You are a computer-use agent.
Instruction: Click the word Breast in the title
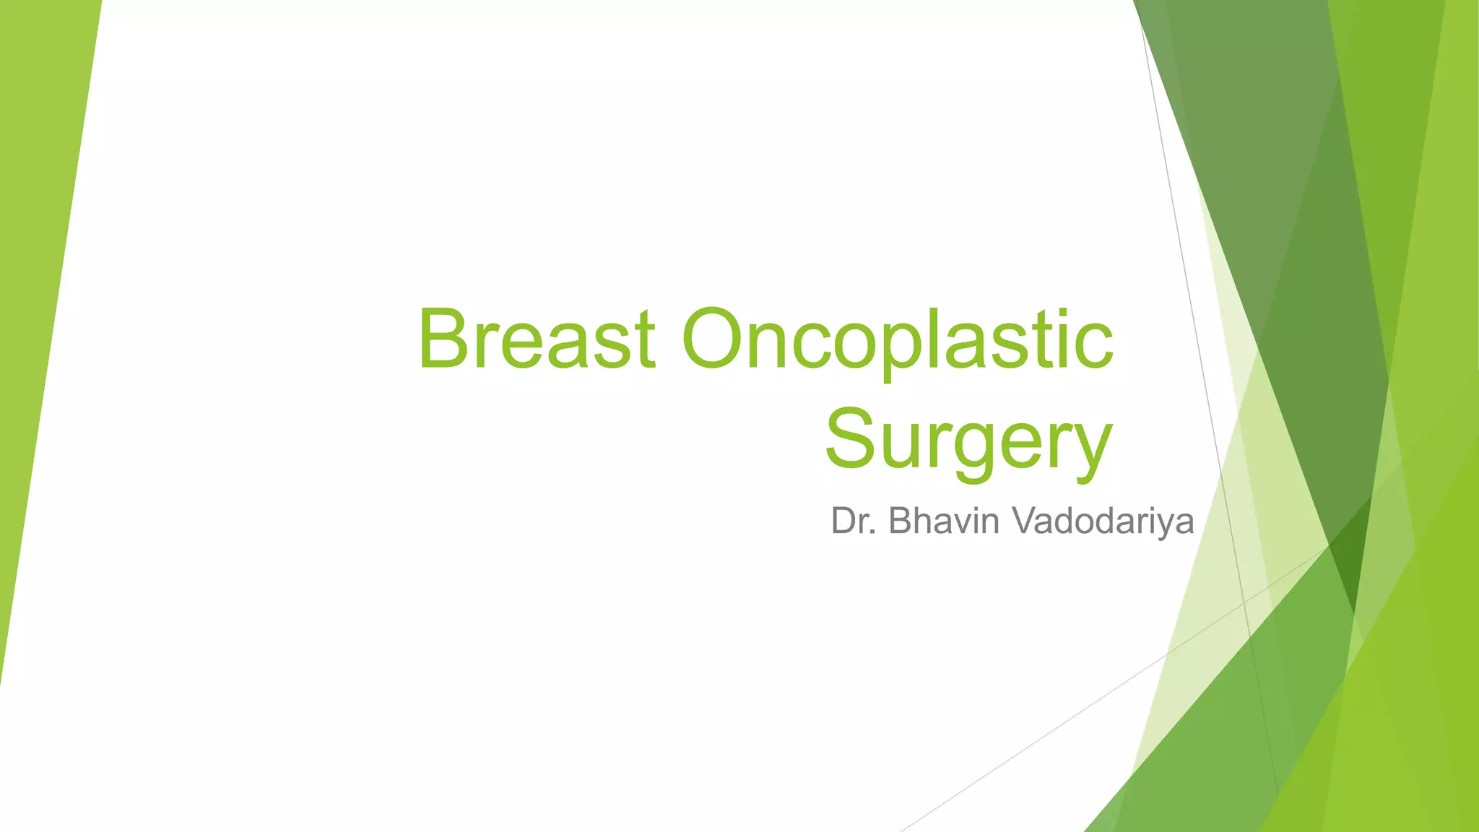coord(536,339)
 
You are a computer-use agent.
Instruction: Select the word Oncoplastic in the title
coord(897,339)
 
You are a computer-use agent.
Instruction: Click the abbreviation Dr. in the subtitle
coord(854,521)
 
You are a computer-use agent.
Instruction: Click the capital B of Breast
coord(446,339)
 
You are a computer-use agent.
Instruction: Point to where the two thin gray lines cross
coord(1244,601)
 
